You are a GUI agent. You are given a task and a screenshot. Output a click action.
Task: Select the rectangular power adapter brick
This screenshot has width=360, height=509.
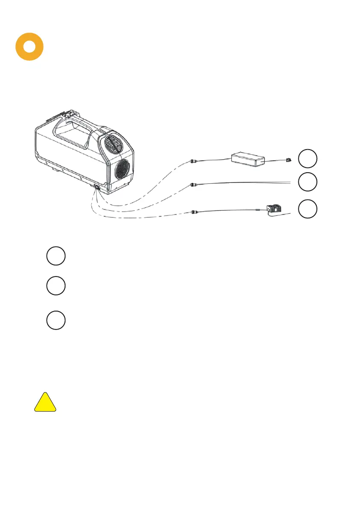point(248,160)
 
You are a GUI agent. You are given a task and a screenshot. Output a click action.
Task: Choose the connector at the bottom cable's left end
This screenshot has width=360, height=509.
point(195,211)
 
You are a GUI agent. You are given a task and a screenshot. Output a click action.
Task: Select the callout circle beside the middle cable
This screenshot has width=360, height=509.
point(308,182)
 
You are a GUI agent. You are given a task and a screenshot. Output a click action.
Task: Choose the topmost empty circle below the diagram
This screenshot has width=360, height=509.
point(56,256)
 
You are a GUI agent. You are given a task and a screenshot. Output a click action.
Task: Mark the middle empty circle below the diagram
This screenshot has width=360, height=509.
point(56,285)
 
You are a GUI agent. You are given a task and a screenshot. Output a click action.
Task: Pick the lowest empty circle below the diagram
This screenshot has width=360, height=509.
point(56,320)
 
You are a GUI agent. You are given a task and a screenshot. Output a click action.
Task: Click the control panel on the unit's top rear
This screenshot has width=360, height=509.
point(69,116)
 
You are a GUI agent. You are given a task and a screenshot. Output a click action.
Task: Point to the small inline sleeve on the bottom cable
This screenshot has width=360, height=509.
point(258,210)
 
